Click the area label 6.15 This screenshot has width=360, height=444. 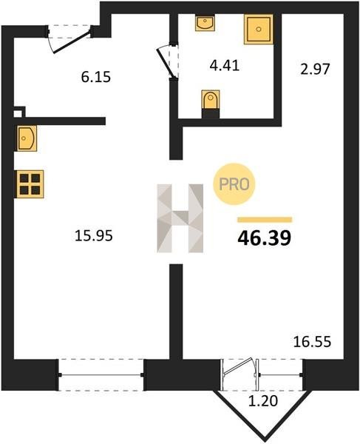pos(96,77)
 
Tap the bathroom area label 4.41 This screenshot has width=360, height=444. pos(225,65)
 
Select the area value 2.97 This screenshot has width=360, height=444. pos(315,69)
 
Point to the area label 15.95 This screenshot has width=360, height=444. pos(94,235)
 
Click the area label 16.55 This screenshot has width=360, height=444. pos(312,341)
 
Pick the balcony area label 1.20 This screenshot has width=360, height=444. pos(263,400)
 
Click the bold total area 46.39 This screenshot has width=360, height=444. pos(265,238)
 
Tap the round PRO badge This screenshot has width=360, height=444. pos(234,184)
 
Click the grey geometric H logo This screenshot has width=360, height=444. pos(180,218)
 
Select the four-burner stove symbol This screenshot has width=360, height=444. pos(30,184)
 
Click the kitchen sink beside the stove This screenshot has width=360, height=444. pos(27,138)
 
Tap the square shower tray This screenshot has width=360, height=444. pos(259,29)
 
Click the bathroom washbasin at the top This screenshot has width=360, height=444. pos(205,23)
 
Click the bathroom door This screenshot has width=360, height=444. pos(168,61)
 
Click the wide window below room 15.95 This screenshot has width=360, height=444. pos(101,375)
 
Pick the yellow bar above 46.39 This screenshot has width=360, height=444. pos(265,220)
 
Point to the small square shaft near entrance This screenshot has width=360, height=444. pos(19,112)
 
